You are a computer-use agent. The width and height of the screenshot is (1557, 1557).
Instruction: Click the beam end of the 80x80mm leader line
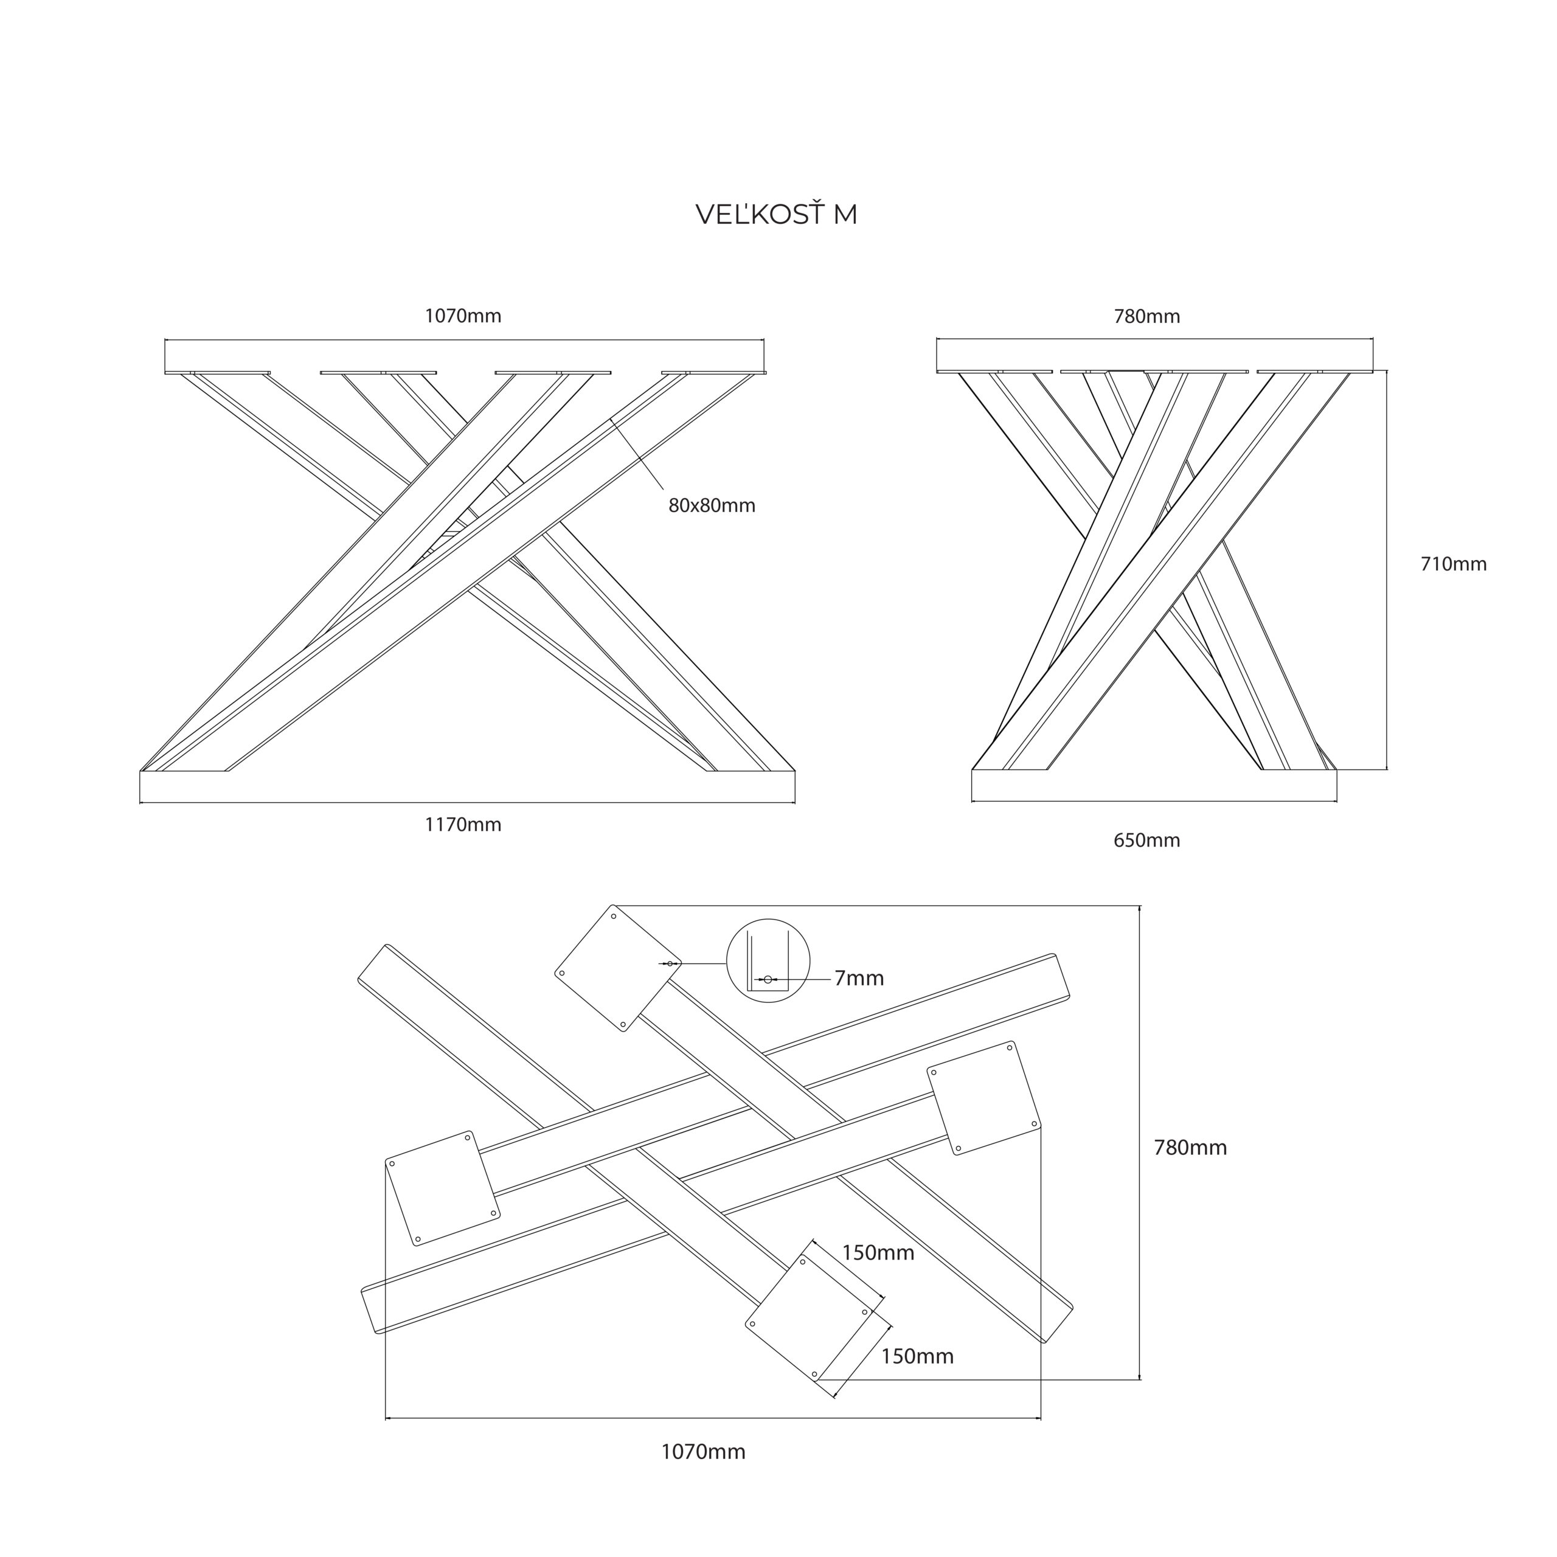coord(612,419)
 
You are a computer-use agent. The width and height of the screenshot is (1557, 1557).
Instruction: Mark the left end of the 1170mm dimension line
coord(140,803)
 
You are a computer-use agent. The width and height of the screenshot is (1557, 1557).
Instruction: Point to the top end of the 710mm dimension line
coord(1387,371)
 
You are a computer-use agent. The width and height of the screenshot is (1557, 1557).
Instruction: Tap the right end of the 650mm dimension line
coord(1336,801)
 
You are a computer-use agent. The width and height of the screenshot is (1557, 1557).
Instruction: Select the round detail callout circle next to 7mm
coord(768,960)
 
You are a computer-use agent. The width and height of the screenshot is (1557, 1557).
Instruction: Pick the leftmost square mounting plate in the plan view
coord(442,1188)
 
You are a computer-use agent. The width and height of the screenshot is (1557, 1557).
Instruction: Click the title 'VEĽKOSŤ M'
coord(776,214)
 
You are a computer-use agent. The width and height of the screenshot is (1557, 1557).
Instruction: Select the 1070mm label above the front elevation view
coord(463,316)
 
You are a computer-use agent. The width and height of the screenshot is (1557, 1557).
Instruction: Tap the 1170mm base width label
coord(463,825)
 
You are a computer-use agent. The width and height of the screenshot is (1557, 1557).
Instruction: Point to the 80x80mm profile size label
coord(712,505)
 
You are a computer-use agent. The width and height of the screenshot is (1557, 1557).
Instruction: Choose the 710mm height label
coord(1453,564)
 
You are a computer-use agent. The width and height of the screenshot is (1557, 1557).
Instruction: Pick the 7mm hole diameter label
coord(859,979)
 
